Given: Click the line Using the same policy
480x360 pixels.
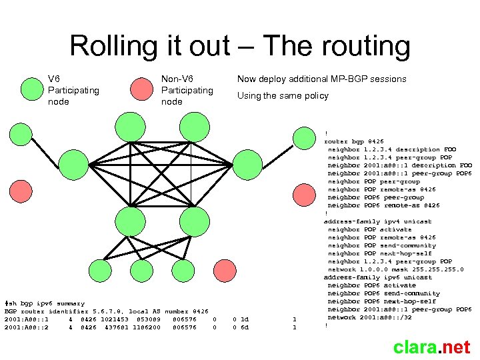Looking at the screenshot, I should click(283, 95).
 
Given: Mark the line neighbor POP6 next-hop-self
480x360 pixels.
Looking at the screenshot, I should click(382, 301).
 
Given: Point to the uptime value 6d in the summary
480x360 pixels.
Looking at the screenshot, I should click(244, 327).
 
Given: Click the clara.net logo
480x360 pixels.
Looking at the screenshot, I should click(431, 347).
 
